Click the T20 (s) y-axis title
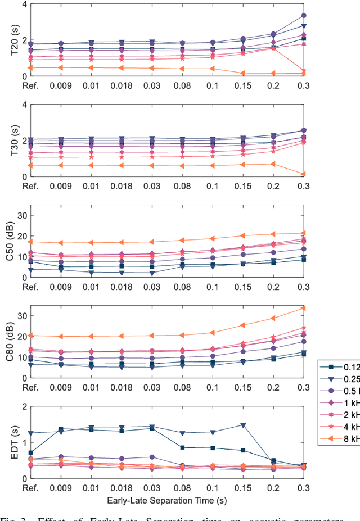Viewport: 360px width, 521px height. point(7,40)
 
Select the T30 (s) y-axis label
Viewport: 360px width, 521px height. point(7,140)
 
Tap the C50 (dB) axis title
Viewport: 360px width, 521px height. point(7,241)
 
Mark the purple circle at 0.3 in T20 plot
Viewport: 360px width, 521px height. point(304,16)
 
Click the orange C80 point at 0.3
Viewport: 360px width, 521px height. point(304,308)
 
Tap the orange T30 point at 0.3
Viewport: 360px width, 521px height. point(304,174)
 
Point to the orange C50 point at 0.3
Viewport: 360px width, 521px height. point(304,233)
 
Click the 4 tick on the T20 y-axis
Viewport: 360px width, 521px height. point(24,4)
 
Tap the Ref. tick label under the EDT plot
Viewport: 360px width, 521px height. point(30,487)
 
